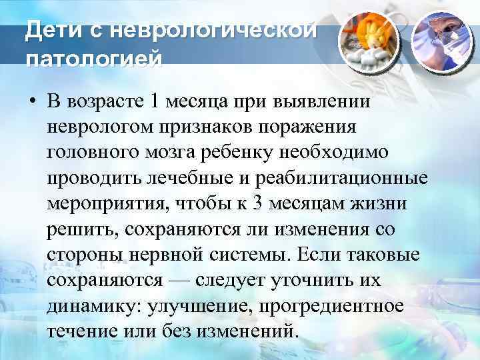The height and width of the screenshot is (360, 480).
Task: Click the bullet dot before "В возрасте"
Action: [31, 103]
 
